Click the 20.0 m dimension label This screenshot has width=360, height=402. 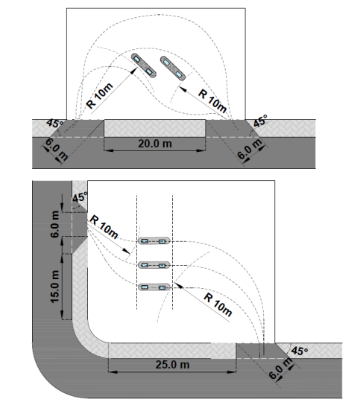[155, 144]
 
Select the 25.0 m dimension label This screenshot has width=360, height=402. [172, 364]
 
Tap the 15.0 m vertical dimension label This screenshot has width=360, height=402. [55, 287]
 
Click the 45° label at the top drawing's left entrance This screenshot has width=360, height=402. [54, 124]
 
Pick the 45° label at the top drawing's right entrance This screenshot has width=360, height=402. [260, 121]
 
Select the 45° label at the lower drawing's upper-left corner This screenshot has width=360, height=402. [80, 197]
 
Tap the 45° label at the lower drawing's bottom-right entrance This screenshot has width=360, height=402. [300, 351]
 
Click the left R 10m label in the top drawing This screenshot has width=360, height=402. [99, 95]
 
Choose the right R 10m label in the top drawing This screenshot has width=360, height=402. [212, 101]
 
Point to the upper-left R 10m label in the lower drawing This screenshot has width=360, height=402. [104, 226]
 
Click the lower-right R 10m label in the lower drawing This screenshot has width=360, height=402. [218, 304]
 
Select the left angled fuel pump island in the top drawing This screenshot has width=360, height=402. [144, 66]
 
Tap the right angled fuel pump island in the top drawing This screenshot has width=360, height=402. [173, 68]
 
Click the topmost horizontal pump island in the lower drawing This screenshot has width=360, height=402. [154, 241]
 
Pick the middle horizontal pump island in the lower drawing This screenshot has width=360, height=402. [154, 265]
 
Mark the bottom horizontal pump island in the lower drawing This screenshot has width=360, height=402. [154, 287]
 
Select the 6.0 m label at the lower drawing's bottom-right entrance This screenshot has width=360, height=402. [281, 368]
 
